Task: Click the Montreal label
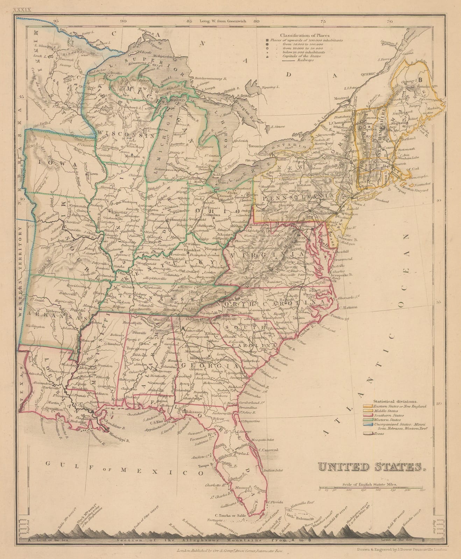(342, 98)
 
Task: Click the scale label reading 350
(422, 491)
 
